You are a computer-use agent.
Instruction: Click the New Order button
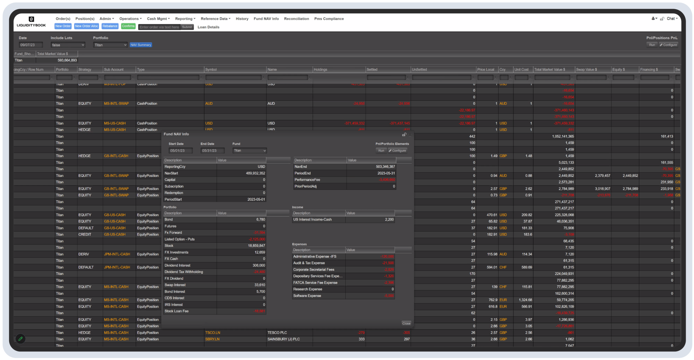(x=63, y=26)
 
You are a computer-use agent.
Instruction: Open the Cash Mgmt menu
(x=158, y=19)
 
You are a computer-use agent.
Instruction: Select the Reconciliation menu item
(x=296, y=19)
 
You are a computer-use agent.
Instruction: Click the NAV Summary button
(x=141, y=45)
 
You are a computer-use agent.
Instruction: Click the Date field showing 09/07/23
(x=30, y=45)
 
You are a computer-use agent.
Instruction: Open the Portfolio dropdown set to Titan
(x=110, y=45)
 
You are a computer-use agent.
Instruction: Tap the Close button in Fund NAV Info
(x=406, y=323)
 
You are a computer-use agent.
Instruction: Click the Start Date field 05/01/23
(x=180, y=151)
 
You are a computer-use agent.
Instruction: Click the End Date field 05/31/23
(x=212, y=151)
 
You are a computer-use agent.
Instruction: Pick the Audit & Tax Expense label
(x=309, y=263)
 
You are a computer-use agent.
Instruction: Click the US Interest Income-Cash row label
(x=312, y=220)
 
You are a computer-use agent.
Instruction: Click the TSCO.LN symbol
(x=212, y=333)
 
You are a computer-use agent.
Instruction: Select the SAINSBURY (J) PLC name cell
(x=283, y=339)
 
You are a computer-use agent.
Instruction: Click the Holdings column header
(x=321, y=69)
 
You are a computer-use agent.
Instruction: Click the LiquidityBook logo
(x=31, y=22)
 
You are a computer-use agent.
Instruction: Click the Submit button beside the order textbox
(x=187, y=27)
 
